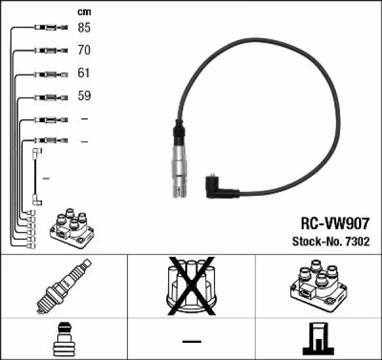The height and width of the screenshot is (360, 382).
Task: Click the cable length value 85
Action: pos(84,28)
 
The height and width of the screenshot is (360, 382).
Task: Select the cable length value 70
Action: pos(84,50)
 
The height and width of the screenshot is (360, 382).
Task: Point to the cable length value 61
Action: pos(84,74)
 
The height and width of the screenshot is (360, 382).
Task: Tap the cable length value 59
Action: pos(84,97)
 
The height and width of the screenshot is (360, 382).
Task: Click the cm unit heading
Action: pos(83,11)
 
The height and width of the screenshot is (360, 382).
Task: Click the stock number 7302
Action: pos(358,242)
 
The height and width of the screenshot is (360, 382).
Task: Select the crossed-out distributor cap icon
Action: pos(191,286)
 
